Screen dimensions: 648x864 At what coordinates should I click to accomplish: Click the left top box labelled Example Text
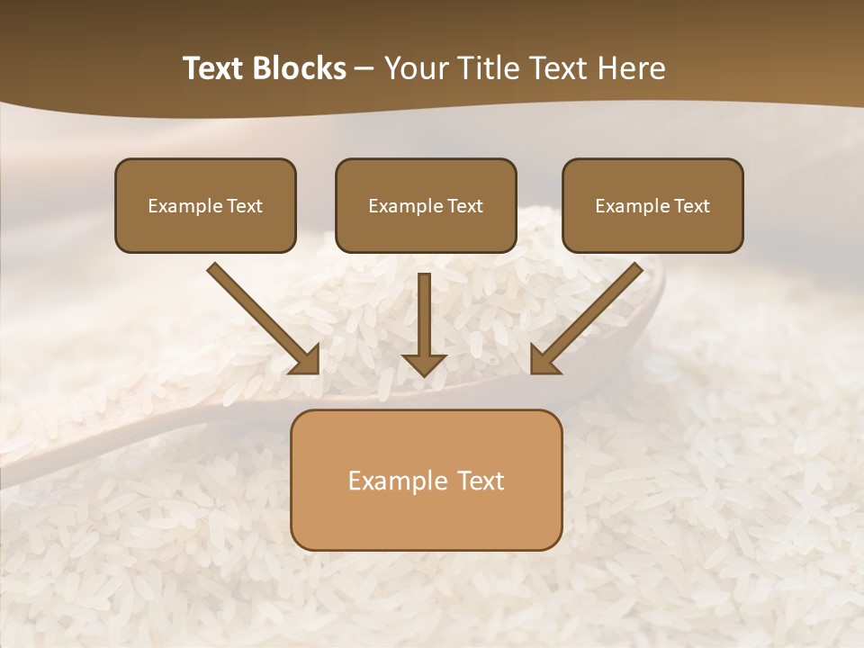205,205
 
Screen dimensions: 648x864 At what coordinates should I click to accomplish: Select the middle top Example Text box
426,205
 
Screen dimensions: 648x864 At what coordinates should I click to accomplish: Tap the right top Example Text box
652,205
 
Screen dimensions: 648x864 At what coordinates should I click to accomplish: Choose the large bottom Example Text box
426,480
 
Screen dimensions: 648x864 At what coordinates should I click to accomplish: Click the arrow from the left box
261,317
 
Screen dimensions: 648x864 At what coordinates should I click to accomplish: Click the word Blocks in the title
301,68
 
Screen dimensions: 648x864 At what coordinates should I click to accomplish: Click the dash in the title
364,68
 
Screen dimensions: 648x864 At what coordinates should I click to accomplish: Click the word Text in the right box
691,206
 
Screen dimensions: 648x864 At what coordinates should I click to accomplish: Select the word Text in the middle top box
464,206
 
